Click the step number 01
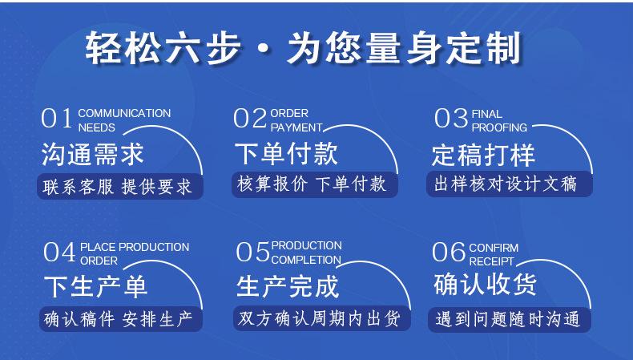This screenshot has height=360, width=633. point(57,119)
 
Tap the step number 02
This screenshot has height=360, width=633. point(250,119)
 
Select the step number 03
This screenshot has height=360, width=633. point(450,119)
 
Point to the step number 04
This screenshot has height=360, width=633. point(59,252)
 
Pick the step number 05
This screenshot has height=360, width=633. point(252,252)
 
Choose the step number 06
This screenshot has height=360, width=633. point(449,252)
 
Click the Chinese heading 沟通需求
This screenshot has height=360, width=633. point(93,155)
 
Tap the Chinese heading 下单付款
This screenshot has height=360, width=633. point(286,154)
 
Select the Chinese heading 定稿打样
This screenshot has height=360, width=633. point(483,155)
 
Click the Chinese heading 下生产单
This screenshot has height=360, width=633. point(95,286)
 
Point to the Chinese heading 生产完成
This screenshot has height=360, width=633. point(288,286)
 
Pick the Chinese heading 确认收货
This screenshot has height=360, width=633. point(486,284)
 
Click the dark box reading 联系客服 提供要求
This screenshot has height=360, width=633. point(120,186)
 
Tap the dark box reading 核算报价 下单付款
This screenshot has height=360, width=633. point(315,184)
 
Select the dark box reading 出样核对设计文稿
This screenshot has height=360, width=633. point(510,184)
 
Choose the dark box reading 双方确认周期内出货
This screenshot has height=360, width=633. point(322,318)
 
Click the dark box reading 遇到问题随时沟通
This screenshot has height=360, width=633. point(510,320)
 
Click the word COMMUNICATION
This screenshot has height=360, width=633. point(124,114)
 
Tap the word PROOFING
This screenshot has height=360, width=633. point(499,127)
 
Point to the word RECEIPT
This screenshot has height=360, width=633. point(491,262)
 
